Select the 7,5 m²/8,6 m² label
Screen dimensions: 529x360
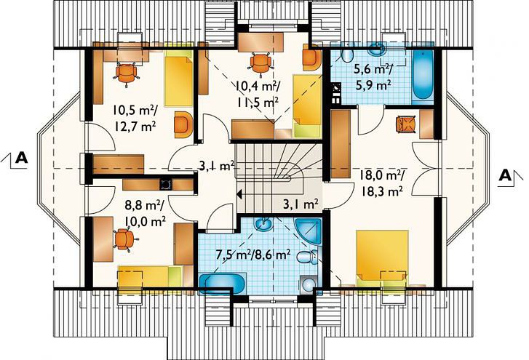click(x=253, y=254)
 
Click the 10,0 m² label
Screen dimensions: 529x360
click(x=145, y=220)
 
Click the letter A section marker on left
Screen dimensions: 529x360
click(x=22, y=157)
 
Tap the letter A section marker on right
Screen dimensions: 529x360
click(x=505, y=175)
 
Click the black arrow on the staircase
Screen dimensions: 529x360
click(x=239, y=194)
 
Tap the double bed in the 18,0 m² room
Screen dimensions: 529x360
click(x=383, y=257)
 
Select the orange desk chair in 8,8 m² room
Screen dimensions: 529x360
click(x=124, y=239)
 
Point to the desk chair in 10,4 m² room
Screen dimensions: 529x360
click(x=260, y=63)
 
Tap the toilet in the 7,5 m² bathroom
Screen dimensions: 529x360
click(x=307, y=257)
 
